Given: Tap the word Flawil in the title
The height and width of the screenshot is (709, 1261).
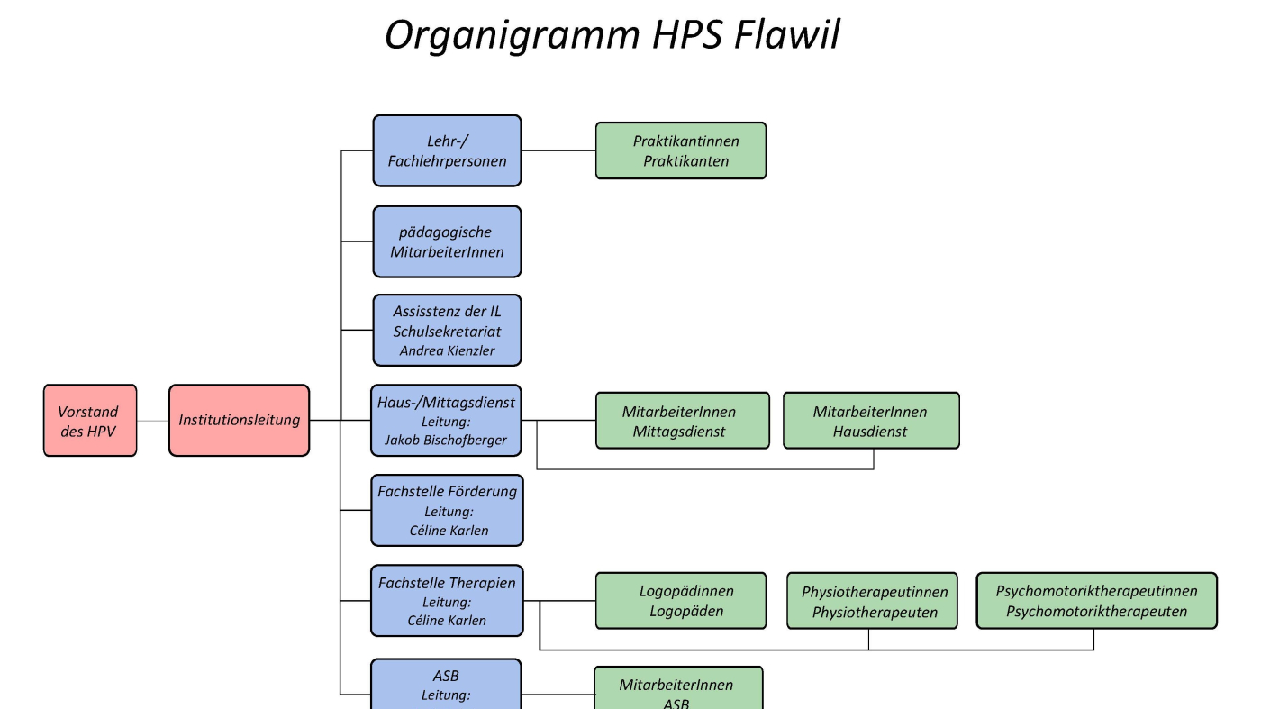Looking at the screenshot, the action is (x=787, y=35).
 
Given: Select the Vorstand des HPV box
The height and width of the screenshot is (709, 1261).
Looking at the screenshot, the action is (x=90, y=421).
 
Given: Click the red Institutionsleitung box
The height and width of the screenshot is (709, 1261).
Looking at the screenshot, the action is (x=240, y=421).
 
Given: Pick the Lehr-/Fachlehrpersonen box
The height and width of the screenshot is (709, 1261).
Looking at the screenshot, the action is (x=447, y=150).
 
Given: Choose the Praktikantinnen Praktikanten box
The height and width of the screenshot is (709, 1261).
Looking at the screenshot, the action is (x=681, y=150).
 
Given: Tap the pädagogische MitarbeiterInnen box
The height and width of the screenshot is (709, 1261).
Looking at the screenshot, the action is (x=447, y=241).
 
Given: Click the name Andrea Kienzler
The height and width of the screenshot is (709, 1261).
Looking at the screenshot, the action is (x=447, y=350).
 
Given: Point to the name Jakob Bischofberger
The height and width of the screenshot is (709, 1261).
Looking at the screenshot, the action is (x=446, y=440).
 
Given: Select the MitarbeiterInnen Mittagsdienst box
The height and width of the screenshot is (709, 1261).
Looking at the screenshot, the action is (x=683, y=421).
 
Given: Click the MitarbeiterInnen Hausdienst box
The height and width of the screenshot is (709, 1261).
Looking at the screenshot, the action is (x=872, y=421).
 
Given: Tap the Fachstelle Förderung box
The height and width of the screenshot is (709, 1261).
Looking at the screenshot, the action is (x=447, y=510).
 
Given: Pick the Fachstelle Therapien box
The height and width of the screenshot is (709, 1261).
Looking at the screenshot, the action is (x=447, y=601).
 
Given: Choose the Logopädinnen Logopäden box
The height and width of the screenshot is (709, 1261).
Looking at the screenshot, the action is (x=681, y=601).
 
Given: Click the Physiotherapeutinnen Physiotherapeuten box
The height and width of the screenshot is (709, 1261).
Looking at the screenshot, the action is (x=872, y=601).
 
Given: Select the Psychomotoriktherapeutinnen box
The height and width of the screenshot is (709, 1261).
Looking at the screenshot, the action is (x=1097, y=601).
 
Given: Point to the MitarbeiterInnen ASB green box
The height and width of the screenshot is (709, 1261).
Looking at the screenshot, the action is (x=678, y=688).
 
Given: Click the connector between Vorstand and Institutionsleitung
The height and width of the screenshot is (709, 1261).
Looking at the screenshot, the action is (x=152, y=421).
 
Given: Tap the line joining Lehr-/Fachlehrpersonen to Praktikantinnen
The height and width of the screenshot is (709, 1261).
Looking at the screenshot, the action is (x=558, y=150).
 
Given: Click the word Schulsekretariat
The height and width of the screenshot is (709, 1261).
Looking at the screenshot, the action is (x=447, y=332).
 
